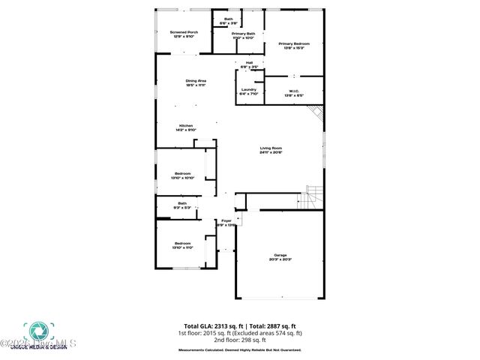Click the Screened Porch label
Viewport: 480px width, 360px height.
pyautogui.click(x=184, y=33)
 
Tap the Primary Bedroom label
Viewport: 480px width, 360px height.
pyautogui.click(x=294, y=44)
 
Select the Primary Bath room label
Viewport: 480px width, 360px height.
pyautogui.click(x=243, y=34)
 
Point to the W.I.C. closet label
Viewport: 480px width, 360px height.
pyautogui.click(x=293, y=91)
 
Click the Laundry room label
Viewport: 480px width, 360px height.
pyautogui.click(x=249, y=90)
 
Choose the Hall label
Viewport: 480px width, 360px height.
pyautogui.click(x=249, y=63)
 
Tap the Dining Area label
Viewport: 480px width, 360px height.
pyautogui.click(x=196, y=80)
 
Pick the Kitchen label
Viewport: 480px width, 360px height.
pyautogui.click(x=186, y=125)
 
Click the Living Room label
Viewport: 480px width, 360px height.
pyautogui.click(x=271, y=148)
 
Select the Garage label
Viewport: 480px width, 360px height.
pyautogui.click(x=280, y=255)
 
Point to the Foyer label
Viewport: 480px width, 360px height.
pyautogui.click(x=226, y=220)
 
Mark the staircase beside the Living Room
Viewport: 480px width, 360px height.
pyautogui.click(x=313, y=198)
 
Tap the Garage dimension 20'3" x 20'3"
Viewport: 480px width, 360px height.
pyautogui.click(x=280, y=259)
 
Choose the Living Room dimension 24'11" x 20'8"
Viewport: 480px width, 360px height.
pyautogui.click(x=271, y=152)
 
